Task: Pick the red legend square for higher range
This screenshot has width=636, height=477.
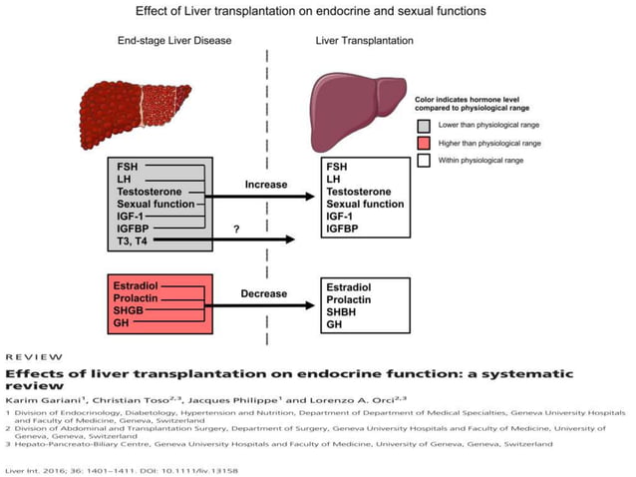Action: [x=424, y=143]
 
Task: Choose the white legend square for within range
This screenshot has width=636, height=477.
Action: [x=424, y=159]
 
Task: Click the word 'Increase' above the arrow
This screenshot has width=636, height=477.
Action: [x=265, y=185]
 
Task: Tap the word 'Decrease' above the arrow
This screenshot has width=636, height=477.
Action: [x=265, y=294]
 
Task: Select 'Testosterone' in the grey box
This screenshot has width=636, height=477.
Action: [x=148, y=191]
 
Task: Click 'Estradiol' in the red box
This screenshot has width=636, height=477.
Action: [x=135, y=286]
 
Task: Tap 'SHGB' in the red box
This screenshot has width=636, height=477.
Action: [x=132, y=312]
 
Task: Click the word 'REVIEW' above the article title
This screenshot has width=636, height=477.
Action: [x=34, y=356]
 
